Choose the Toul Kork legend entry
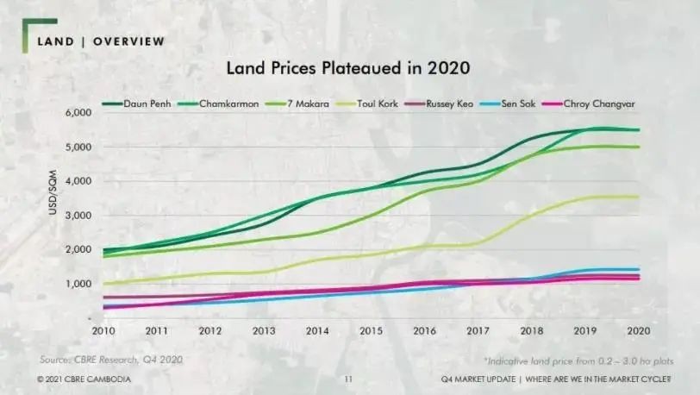pyautogui.click(x=389, y=104)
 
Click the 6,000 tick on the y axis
pyautogui.click(x=78, y=113)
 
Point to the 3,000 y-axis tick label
pyautogui.click(x=78, y=216)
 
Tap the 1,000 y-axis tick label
pyautogui.click(x=78, y=284)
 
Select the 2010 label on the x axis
pyautogui.click(x=103, y=331)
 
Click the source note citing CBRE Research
pyautogui.click(x=111, y=359)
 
